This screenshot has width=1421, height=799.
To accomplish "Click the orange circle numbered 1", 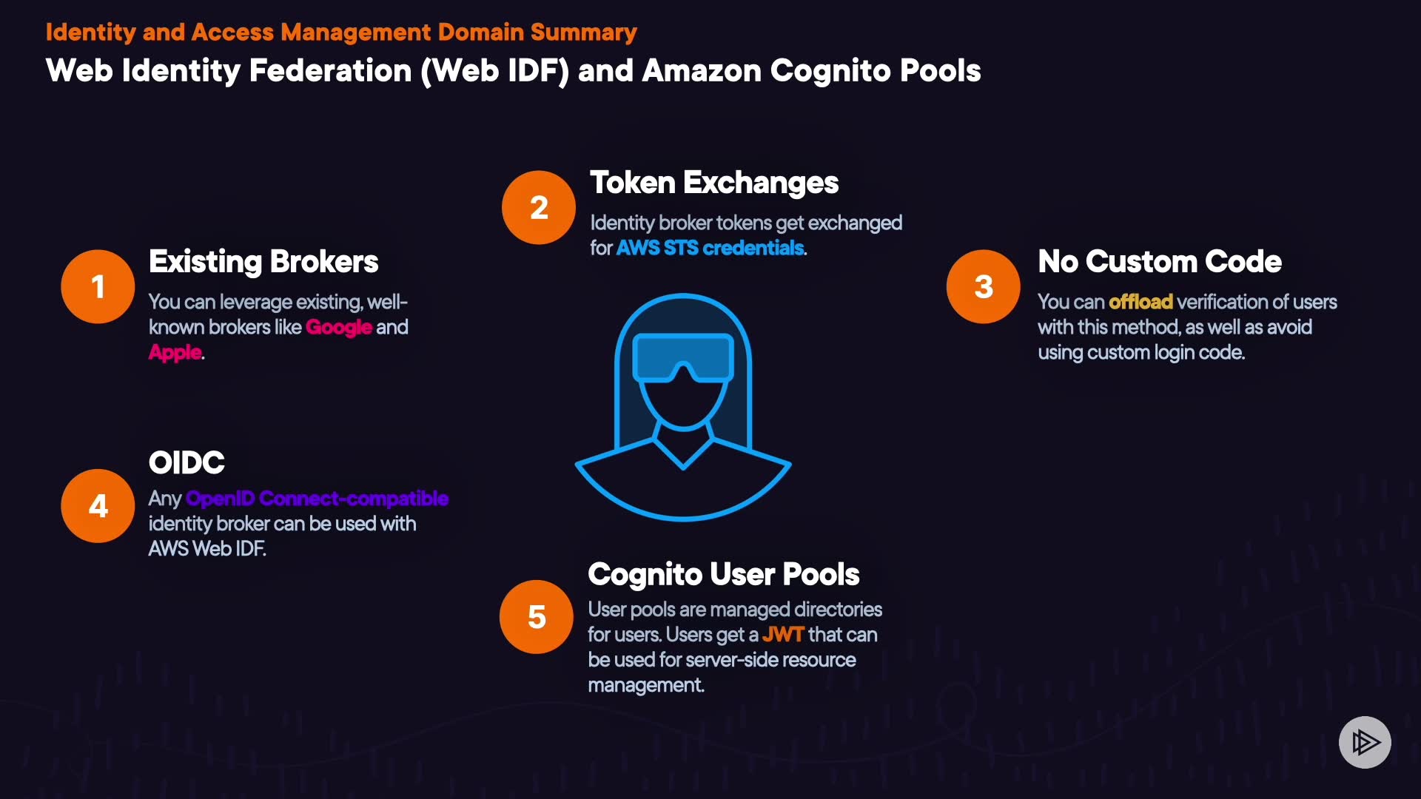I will coord(98,286).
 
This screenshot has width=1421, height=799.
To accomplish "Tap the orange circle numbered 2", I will coord(539,207).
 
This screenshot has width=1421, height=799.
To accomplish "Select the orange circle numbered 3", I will coord(983,286).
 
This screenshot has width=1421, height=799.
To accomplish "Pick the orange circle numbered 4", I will coord(98,506).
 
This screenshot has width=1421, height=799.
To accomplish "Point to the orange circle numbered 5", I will coord(537,617).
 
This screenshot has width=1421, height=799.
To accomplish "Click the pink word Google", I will coord(338,327).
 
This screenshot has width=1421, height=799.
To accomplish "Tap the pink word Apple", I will coord(175,352).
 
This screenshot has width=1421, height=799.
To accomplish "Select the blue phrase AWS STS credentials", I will coord(710,248).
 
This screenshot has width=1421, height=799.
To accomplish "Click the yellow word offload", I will coord(1141,302).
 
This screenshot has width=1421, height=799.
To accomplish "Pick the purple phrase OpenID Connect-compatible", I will coord(317,499).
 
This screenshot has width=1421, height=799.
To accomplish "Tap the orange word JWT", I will coord(782,635).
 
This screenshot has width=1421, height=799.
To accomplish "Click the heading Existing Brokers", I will coord(263,262).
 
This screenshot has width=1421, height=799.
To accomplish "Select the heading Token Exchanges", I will coord(713,183).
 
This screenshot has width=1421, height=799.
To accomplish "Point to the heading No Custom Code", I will coord(1159,262).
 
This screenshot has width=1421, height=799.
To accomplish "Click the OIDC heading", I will coord(187,463).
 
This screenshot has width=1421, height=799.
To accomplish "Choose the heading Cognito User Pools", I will coord(723,575).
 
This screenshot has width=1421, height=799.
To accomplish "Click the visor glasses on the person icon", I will coord(683,357).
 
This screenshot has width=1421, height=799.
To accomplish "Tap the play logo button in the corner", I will coord(1365,742).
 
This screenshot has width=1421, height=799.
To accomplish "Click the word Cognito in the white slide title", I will coord(824,71).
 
